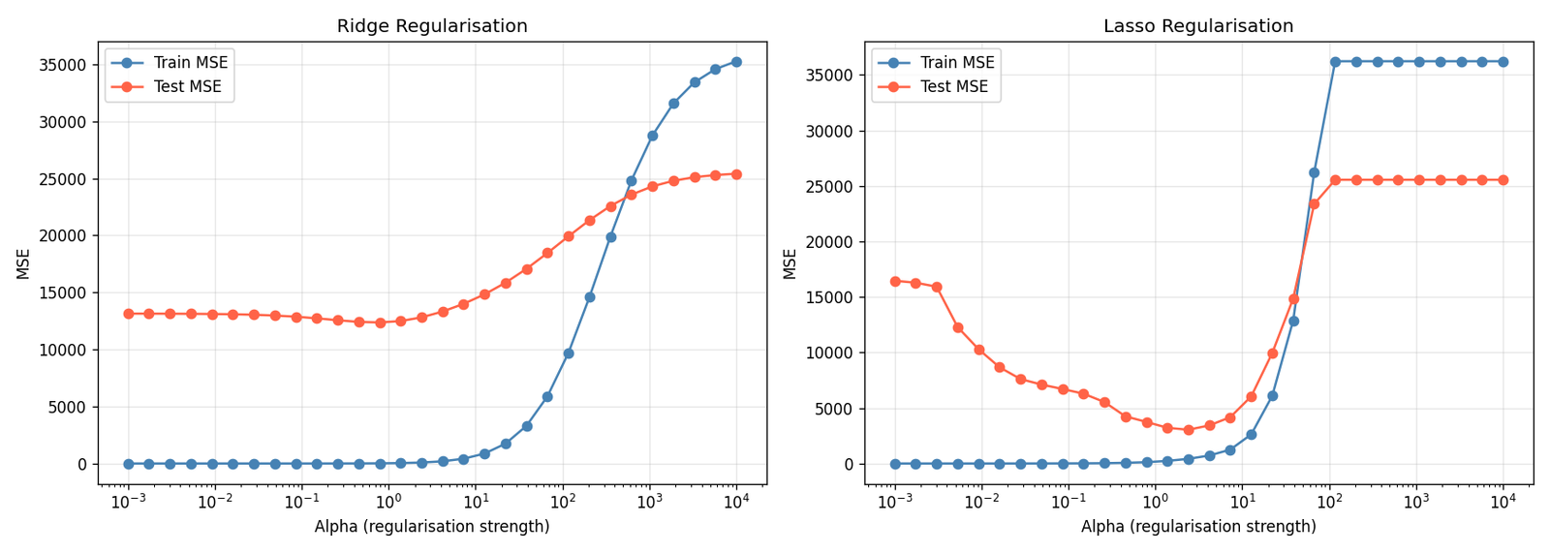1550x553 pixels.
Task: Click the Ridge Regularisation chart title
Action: point(432,26)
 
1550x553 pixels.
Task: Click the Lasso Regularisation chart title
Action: point(1198,26)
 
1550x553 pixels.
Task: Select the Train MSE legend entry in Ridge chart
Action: point(190,63)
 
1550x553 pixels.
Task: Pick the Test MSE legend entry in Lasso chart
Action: point(954,87)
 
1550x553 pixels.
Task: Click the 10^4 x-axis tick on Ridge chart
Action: point(736,502)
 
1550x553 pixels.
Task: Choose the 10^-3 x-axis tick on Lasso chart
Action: point(894,502)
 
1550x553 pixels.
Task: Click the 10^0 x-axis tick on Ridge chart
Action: point(388,502)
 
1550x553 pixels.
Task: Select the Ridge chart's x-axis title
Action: point(432,527)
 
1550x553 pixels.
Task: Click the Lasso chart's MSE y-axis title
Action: point(790,263)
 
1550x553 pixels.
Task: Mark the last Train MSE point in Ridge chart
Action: point(736,62)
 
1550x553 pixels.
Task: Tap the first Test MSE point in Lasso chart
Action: point(895,281)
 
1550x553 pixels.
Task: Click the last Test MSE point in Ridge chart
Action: point(736,174)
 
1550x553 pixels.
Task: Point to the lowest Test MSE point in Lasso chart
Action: point(1189,430)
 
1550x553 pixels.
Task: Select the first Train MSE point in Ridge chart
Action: point(128,464)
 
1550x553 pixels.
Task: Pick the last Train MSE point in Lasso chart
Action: point(1503,62)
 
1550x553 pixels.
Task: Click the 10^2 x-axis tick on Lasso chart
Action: point(1329,502)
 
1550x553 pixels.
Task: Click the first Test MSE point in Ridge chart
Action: point(128,314)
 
